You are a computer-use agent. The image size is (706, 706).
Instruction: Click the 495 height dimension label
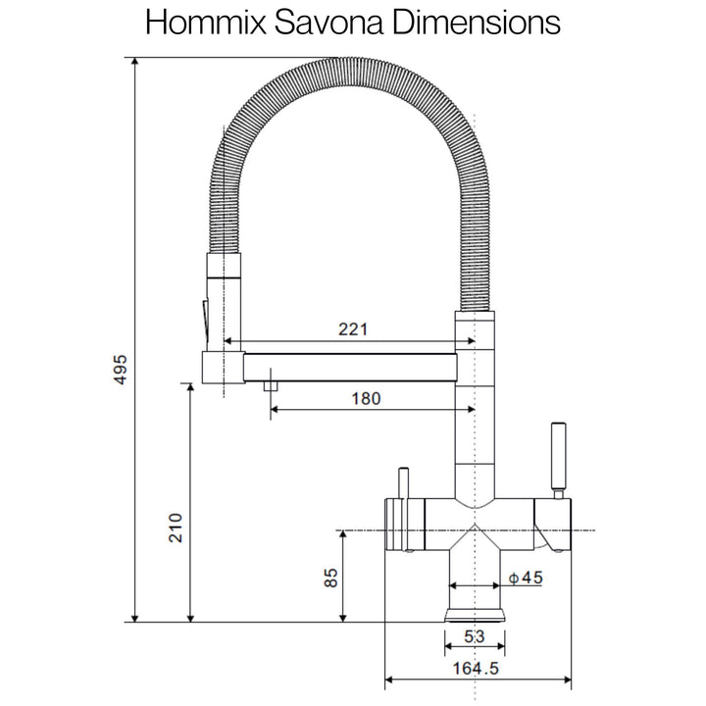121,370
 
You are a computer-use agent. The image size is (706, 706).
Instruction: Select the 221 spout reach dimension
353,329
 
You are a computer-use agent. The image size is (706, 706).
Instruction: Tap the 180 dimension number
366,398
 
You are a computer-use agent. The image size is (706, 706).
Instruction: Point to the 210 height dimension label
176,528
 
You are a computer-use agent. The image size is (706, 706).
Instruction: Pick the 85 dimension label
331,578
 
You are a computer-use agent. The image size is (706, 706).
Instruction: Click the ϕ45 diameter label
526,578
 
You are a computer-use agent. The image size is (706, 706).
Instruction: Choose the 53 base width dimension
475,636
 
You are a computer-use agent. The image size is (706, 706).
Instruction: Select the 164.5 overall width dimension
476,668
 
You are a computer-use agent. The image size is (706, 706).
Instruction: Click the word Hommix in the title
206,22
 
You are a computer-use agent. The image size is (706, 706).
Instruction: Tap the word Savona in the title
328,22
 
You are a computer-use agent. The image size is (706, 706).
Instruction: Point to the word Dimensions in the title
477,22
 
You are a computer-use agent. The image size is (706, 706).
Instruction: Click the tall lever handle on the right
558,456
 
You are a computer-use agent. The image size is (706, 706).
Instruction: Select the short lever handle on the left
403,483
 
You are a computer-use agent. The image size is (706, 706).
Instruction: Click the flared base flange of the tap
475,615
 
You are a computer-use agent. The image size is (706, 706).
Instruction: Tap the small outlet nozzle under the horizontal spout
271,386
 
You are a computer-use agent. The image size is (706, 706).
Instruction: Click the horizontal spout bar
350,368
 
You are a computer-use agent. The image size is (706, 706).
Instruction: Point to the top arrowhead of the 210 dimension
190,387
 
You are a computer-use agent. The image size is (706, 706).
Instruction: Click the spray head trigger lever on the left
205,323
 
